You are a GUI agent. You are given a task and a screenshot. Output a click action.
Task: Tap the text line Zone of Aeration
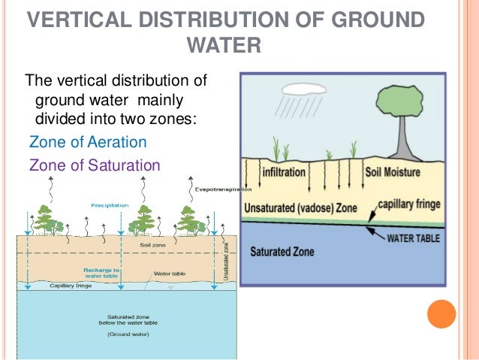87,142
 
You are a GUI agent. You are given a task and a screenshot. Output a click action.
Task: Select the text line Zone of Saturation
94,165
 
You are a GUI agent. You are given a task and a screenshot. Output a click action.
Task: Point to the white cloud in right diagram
300,87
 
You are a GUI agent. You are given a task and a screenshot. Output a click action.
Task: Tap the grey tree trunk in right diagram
392,143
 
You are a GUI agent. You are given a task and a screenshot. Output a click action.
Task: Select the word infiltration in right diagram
284,172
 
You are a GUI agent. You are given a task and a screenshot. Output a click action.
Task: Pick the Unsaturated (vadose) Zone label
299,207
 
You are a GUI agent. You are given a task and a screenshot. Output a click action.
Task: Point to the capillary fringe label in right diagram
408,203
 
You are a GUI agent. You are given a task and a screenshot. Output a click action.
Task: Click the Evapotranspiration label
217,190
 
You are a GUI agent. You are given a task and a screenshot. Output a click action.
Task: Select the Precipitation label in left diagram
110,204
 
